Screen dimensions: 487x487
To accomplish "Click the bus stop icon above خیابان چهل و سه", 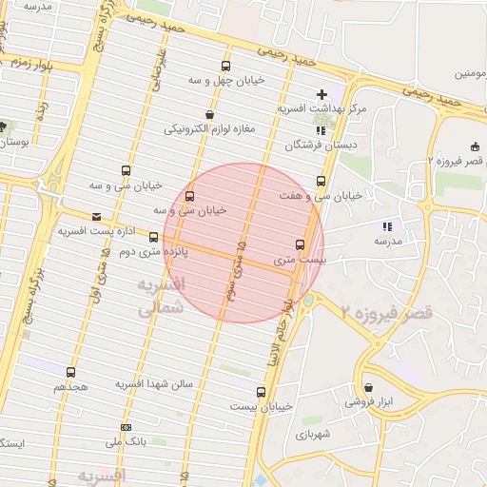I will [225, 67].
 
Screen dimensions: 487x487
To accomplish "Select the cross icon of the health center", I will [321, 94].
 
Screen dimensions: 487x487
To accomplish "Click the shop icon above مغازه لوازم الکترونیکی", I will [209, 115].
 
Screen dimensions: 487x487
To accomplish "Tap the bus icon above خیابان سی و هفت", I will [321, 181].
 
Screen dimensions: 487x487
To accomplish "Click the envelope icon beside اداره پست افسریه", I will [96, 217].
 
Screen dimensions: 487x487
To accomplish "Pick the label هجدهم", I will [70, 387].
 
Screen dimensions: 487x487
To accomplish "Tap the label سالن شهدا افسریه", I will [154, 383].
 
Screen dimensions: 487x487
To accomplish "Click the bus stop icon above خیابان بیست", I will [262, 391].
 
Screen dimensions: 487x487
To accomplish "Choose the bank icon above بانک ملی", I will [127, 427].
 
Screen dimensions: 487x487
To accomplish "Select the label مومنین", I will [473, 72].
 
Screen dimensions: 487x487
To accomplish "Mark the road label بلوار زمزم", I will [27, 59].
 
